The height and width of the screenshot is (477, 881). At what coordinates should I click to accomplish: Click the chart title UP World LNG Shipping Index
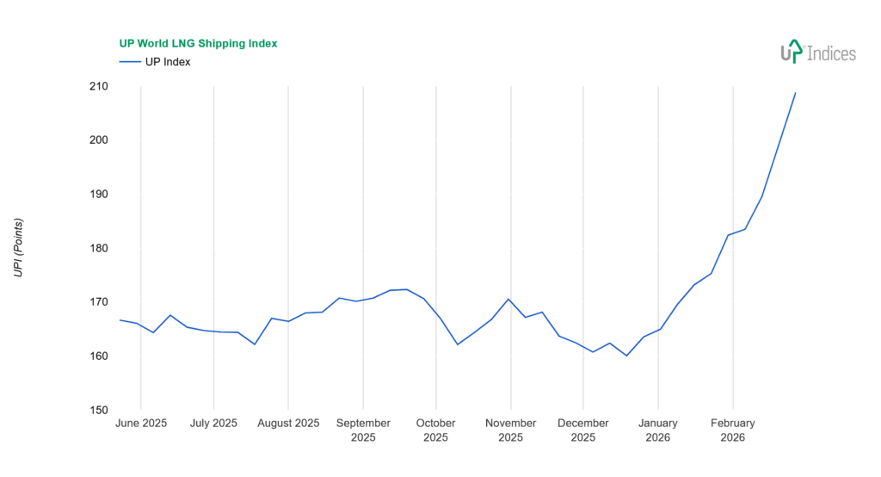(x=197, y=43)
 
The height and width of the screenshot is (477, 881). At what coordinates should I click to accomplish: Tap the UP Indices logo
(x=817, y=53)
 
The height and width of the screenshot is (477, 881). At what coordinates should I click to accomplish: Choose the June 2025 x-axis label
(x=141, y=424)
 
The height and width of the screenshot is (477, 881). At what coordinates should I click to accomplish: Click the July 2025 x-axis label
(x=213, y=424)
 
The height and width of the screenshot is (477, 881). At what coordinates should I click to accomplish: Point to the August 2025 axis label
(x=288, y=424)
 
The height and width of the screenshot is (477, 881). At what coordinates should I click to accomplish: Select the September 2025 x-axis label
(x=363, y=430)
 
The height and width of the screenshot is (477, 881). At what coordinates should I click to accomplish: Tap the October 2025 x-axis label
(x=436, y=430)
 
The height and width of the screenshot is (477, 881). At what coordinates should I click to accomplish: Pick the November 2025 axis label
(x=511, y=430)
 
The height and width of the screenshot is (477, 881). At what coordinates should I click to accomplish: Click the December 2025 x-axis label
(x=583, y=430)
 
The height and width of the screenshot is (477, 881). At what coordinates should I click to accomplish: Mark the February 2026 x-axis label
(x=733, y=430)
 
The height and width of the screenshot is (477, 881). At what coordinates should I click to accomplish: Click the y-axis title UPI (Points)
(x=18, y=248)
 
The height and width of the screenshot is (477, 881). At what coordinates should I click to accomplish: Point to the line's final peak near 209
(x=795, y=93)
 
